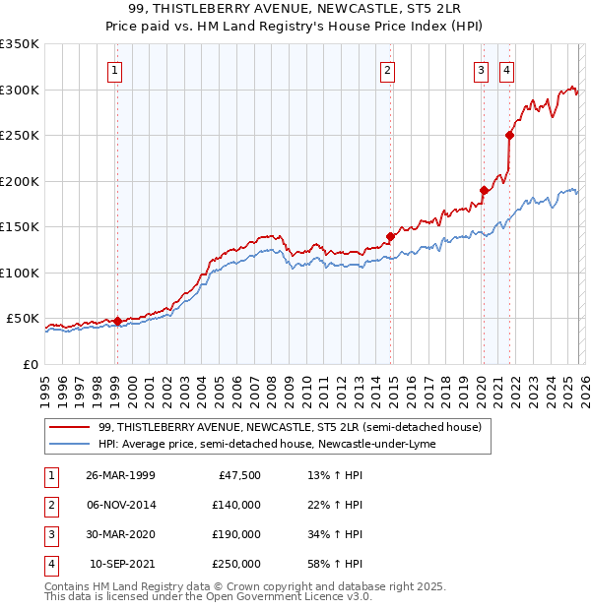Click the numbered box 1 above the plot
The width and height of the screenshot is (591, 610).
pos(116,70)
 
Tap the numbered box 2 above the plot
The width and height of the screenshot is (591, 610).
pos(388,70)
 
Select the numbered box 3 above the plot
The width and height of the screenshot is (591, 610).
pos(482,70)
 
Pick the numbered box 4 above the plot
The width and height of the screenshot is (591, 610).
pos(506,70)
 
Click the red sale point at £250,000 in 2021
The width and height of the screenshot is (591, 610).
pos(509,136)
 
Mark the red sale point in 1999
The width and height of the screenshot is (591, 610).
pos(117,321)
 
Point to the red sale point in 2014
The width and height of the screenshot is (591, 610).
pos(390,236)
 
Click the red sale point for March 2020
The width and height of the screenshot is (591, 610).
pos(484,190)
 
